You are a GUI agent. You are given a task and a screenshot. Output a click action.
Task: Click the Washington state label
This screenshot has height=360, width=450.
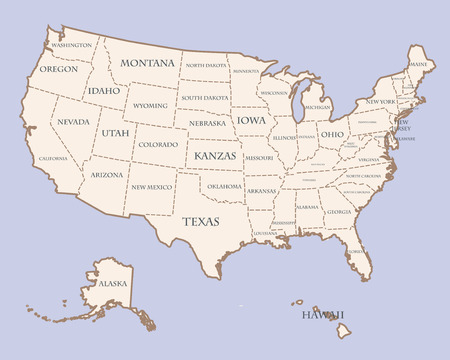click(71, 45)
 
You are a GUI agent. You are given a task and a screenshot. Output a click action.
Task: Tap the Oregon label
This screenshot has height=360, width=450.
click(58, 69)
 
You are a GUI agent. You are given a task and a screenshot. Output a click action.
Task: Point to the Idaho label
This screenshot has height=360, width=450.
click(104, 90)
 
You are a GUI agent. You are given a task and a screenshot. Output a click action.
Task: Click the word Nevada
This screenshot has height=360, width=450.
click(73, 121)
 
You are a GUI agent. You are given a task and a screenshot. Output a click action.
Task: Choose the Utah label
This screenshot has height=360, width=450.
click(115, 132)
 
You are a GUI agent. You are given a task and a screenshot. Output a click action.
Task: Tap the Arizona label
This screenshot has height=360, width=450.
click(107, 174)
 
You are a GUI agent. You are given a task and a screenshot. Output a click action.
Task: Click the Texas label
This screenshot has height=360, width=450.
click(200, 220)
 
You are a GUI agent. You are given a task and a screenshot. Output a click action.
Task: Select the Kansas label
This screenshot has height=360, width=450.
click(214, 157)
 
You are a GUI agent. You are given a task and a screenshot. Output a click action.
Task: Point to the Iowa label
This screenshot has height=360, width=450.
click(252, 120)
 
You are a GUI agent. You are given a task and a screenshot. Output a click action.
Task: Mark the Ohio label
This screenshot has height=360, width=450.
click(332, 133)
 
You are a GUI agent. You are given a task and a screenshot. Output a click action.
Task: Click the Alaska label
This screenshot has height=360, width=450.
click(112, 284)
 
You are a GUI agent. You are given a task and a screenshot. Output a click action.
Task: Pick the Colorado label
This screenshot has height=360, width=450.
click(158, 144)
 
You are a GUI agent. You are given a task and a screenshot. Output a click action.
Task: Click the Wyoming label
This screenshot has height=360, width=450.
click(150, 105)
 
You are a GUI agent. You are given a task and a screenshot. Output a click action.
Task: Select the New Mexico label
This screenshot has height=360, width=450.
click(152, 187)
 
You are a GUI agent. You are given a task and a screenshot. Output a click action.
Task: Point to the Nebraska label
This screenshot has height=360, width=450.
click(207, 123)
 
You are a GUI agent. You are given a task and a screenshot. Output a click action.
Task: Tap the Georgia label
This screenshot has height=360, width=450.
click(338, 212)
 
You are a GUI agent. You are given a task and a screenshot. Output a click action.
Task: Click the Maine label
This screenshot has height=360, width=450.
click(417, 64)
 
